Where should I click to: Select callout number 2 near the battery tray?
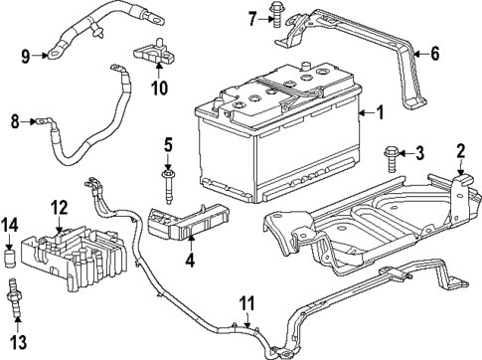point(460,151)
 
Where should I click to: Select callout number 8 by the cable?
point(15,123)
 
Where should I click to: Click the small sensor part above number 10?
point(156,51)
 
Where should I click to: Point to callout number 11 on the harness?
point(245,301)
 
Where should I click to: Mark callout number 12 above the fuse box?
point(60,207)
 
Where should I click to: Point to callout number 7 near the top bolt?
point(252,17)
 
